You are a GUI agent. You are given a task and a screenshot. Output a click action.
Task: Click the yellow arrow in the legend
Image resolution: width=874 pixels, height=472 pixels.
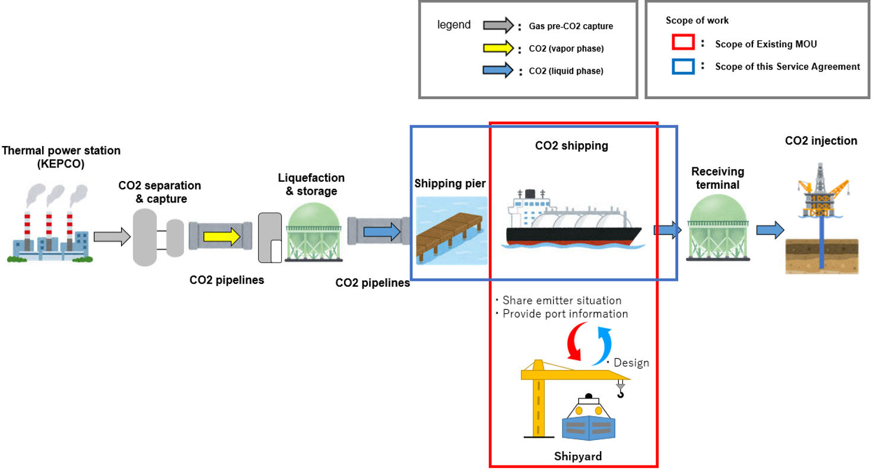(x=497, y=48)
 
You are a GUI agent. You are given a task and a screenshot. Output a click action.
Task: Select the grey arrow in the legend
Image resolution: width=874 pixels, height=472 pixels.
(x=497, y=26)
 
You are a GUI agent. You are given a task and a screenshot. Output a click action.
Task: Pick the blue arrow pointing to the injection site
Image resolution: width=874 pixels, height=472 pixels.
(x=770, y=230)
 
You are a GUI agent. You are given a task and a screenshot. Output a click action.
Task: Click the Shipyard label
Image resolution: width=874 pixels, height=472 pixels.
(x=577, y=456)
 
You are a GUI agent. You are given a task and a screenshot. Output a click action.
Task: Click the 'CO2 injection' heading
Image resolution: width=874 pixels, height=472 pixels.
(x=821, y=141)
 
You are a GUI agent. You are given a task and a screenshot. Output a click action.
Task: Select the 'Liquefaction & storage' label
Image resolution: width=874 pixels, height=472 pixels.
(x=311, y=184)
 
